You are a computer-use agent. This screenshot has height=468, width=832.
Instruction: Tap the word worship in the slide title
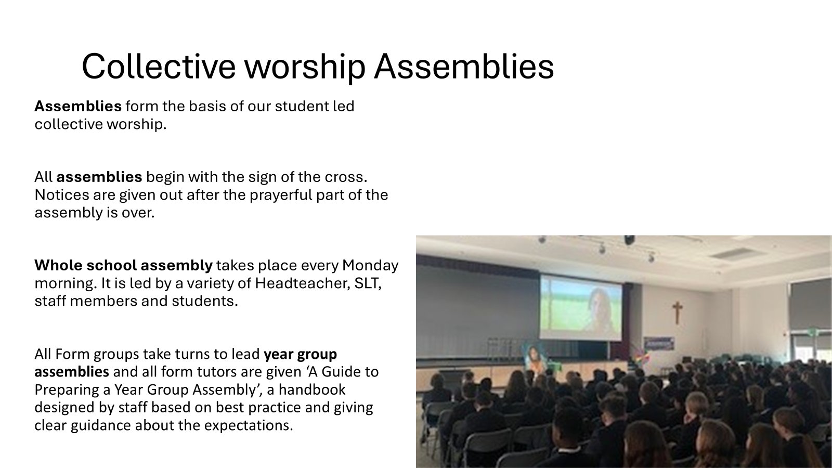pos(305,69)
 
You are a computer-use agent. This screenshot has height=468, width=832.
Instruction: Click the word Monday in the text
pos(370,266)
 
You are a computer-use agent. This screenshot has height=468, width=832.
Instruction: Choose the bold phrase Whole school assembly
pos(124,266)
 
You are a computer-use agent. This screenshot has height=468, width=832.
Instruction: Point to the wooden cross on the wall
pos(677,313)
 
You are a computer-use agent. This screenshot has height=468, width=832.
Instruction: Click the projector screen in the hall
pos(580,307)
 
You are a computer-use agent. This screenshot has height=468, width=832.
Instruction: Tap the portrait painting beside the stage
pos(534,358)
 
